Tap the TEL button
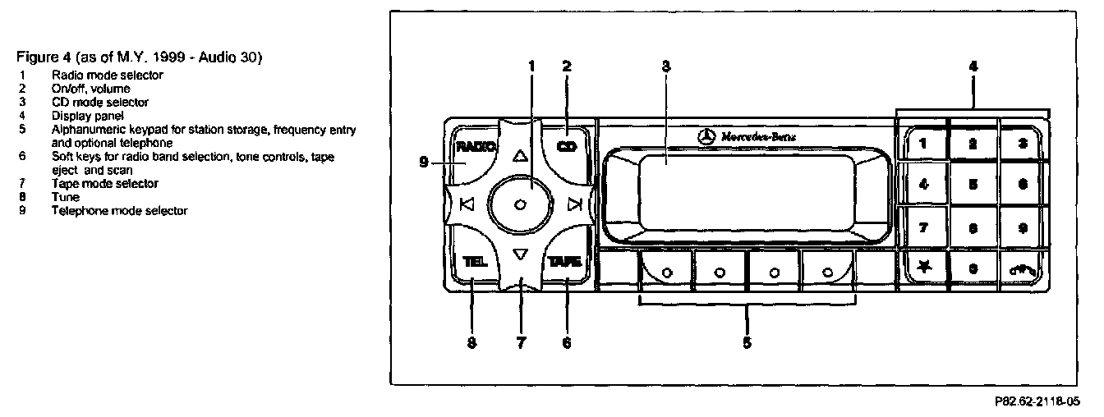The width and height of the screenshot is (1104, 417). click(x=474, y=263)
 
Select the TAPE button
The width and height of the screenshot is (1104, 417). click(x=566, y=262)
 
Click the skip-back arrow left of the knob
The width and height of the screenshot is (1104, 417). click(x=467, y=205)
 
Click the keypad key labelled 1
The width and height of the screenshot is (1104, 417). click(x=923, y=144)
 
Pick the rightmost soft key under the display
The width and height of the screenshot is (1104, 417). click(x=827, y=272)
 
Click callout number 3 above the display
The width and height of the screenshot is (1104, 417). click(x=665, y=67)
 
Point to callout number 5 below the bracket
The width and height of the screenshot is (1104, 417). click(x=747, y=342)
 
